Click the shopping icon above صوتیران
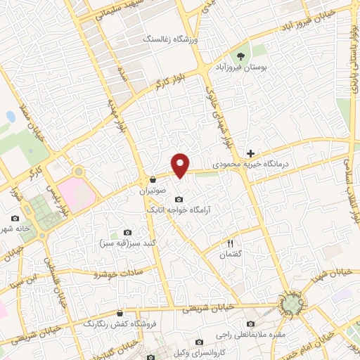153,179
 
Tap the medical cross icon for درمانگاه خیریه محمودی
250,153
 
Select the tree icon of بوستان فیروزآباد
241,56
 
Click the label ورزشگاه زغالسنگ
170,39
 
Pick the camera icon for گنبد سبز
127,233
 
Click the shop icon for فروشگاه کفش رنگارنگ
120,313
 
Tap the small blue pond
11,116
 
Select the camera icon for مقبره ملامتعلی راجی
251,323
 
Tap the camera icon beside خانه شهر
15,218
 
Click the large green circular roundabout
291,303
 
